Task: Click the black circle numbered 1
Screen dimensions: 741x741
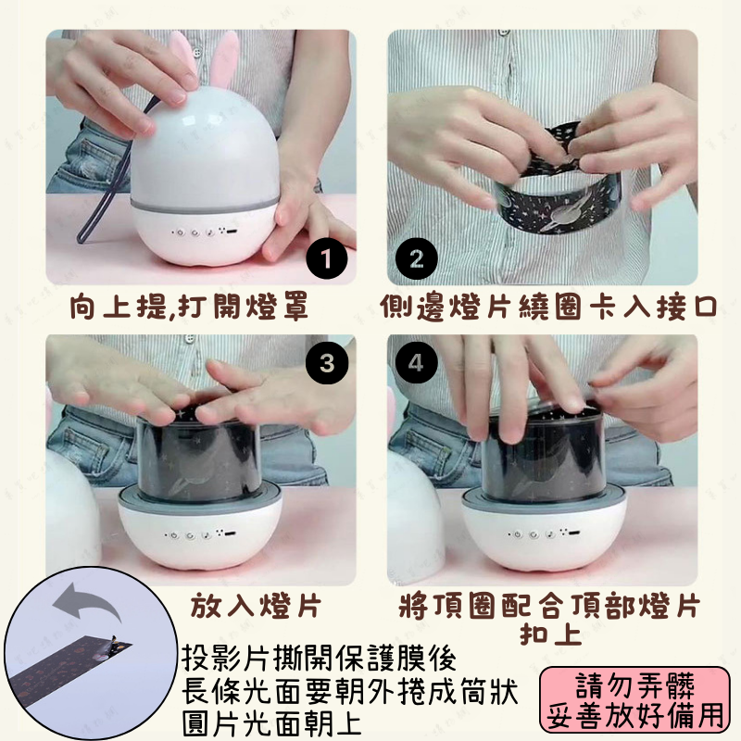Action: pyautogui.click(x=325, y=257)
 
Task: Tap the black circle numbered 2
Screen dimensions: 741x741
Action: pyautogui.click(x=416, y=258)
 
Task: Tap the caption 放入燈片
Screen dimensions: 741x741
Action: pyautogui.click(x=256, y=607)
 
